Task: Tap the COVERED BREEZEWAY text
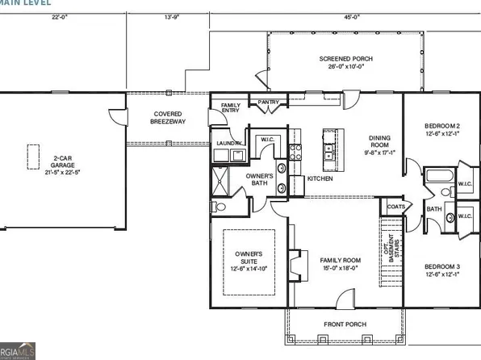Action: point(167,118)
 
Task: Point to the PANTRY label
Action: point(267,102)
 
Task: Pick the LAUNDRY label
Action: point(228,144)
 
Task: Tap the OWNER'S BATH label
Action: point(259,179)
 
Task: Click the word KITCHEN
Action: point(320,178)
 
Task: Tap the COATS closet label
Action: point(395,207)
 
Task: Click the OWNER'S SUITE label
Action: point(249,259)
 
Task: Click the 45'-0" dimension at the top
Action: point(351,16)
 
